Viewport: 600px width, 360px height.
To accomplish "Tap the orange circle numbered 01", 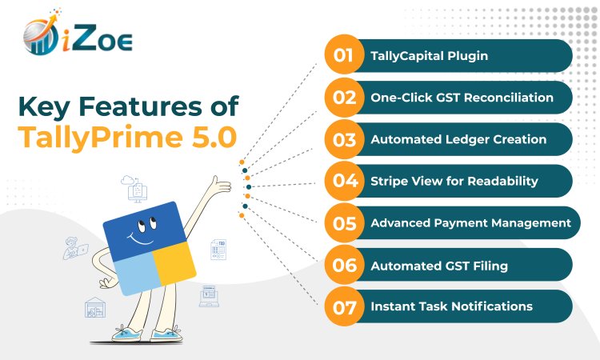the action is click(x=344, y=54).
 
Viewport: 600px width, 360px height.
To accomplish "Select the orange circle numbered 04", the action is click(x=344, y=181).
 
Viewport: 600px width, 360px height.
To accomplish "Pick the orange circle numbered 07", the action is click(x=344, y=306).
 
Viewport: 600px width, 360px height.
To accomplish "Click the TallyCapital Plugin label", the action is click(x=430, y=56).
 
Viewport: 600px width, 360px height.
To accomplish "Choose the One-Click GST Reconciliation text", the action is click(x=462, y=98).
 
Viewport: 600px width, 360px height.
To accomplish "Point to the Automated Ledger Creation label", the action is click(x=458, y=139).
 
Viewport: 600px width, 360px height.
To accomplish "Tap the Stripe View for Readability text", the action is click(x=454, y=181).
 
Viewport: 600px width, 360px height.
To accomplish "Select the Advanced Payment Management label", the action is click(x=470, y=223).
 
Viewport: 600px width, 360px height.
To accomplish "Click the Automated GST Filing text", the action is click(x=439, y=266).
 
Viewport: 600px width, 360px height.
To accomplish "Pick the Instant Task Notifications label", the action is click(x=451, y=306).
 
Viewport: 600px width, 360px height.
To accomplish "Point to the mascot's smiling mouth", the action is click(x=140, y=239).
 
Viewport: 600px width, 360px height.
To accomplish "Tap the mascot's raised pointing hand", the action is click(x=221, y=186).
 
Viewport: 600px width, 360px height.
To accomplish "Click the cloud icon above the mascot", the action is click(x=127, y=180).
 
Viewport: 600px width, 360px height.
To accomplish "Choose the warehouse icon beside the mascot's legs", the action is click(x=95, y=307).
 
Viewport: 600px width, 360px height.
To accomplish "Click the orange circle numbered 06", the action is click(x=344, y=265).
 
